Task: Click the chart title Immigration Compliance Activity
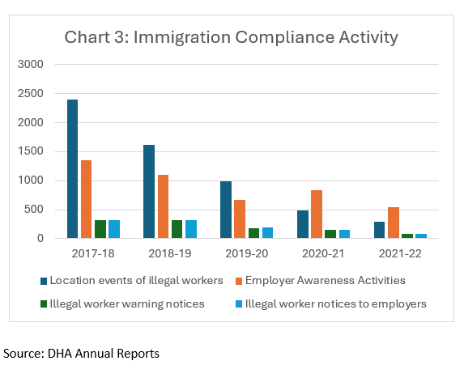[231, 37]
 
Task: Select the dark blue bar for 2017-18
[72, 169]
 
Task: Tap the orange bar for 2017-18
[86, 199]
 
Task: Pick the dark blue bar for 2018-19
[149, 192]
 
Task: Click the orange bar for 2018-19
[163, 206]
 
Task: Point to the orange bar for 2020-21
[316, 214]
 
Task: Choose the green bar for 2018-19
[177, 229]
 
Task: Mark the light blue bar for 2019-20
[267, 233]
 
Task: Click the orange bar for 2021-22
[393, 223]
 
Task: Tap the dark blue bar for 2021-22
[379, 230]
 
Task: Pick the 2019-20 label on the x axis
[246, 253]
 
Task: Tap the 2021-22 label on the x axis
[399, 253]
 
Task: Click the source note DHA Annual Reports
[82, 353]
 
